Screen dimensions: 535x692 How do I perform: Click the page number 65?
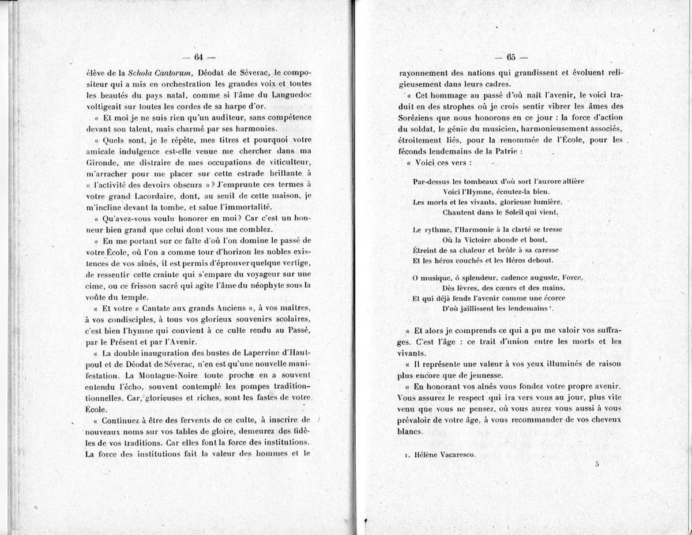(x=511, y=56)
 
